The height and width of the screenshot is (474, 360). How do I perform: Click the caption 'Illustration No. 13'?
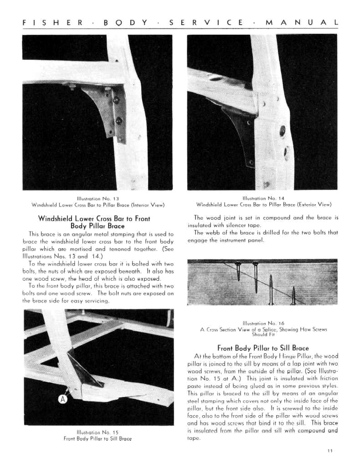(98, 198)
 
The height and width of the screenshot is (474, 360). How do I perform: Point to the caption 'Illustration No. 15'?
(98, 432)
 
